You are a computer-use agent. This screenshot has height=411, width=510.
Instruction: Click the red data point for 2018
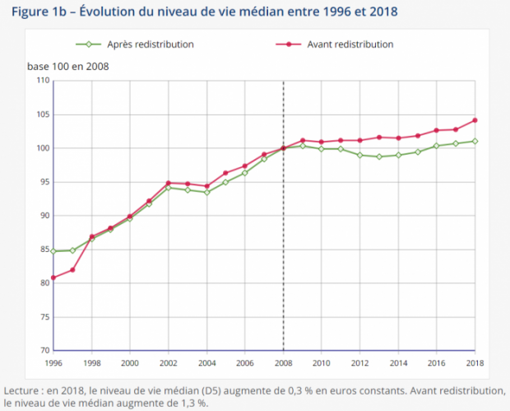(475, 120)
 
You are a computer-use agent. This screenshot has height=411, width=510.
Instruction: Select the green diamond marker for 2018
(475, 142)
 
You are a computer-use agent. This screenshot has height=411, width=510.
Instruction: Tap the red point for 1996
(53, 278)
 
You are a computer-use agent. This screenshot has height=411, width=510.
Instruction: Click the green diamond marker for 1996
(53, 251)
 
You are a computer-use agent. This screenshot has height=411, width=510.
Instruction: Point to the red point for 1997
(72, 270)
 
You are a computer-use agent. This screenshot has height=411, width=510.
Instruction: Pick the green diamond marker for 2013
(379, 156)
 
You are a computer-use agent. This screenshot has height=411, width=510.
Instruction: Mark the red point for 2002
(168, 183)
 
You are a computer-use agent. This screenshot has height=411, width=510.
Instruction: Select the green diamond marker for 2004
(206, 193)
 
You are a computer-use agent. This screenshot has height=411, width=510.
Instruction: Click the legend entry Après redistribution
(135, 44)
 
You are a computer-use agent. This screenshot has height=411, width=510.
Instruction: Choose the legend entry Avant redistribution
(334, 44)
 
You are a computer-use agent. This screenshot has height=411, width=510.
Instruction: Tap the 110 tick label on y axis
(44, 80)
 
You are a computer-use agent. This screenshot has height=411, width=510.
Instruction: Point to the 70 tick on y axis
(45, 350)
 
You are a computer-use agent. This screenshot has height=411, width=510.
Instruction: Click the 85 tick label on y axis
(45, 250)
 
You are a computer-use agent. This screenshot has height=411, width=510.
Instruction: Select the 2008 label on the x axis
(283, 362)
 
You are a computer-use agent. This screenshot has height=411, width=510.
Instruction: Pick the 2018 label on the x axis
(475, 362)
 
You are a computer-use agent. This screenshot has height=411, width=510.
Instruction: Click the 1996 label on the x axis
(53, 362)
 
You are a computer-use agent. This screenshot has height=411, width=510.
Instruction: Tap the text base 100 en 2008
(68, 67)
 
